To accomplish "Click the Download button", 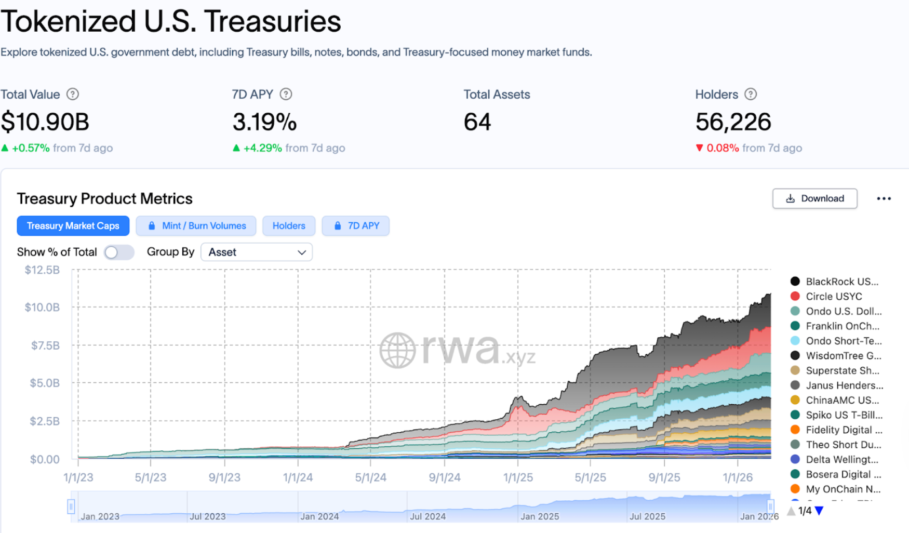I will (x=814, y=198).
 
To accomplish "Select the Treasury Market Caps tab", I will (x=73, y=226).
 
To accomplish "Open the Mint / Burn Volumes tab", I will (x=196, y=226).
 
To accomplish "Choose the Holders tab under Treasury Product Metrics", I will (x=289, y=226).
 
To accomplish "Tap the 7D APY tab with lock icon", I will (x=356, y=226).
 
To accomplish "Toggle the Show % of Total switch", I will (x=118, y=252).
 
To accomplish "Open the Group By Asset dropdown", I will (x=257, y=252).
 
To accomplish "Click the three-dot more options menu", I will (x=884, y=198).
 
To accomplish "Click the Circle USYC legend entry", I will (x=833, y=296).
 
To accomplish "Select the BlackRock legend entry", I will (x=841, y=282).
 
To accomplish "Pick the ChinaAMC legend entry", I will (x=841, y=400).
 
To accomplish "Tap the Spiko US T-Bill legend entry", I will (x=844, y=415).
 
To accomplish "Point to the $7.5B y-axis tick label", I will (x=45, y=345).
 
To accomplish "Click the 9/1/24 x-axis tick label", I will (x=445, y=477).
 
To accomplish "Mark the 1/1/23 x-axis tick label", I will (x=78, y=477).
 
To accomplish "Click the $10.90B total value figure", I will (x=45, y=122).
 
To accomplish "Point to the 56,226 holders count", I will (x=733, y=122).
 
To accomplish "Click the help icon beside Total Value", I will (x=73, y=95).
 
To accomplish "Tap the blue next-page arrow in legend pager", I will (x=819, y=511).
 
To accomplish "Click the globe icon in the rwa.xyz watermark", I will (x=397, y=350).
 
